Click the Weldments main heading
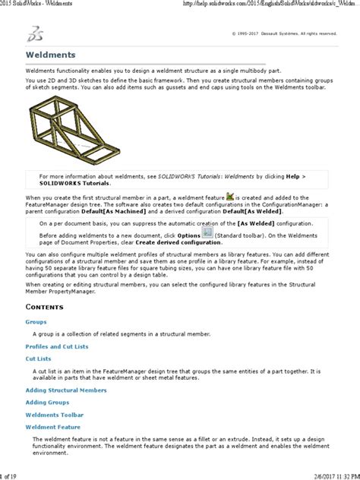point(51,55)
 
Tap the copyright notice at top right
point(288,33)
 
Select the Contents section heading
point(49,307)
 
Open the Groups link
point(36,322)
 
